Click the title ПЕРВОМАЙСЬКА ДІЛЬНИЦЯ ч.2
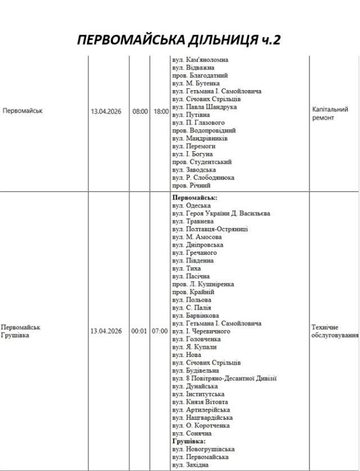pos(179,42)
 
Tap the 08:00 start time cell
pos(140,111)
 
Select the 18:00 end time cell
pos(161,111)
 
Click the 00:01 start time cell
pos(140,331)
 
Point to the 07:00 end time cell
pos(161,331)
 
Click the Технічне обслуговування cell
pos(333,331)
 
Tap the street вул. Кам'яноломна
pos(200,60)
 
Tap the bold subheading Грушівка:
pos(188,440)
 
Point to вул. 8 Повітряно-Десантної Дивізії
pos(224,379)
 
